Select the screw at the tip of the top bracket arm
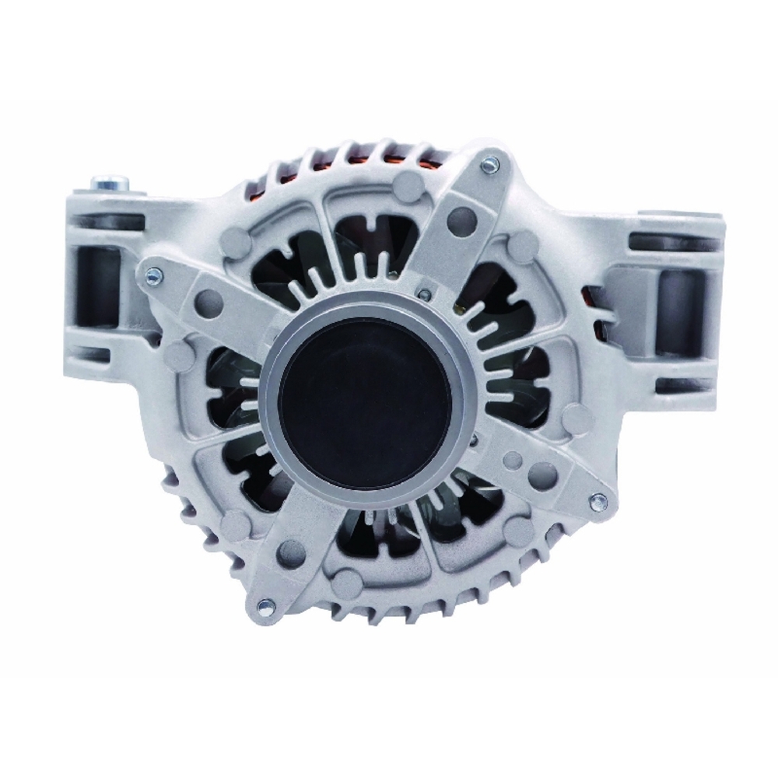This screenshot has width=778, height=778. tap(489, 164)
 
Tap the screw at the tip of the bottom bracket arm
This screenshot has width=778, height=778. tap(266, 603)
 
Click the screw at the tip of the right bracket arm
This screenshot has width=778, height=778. tap(599, 502)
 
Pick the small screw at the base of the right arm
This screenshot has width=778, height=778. tap(474, 441)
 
